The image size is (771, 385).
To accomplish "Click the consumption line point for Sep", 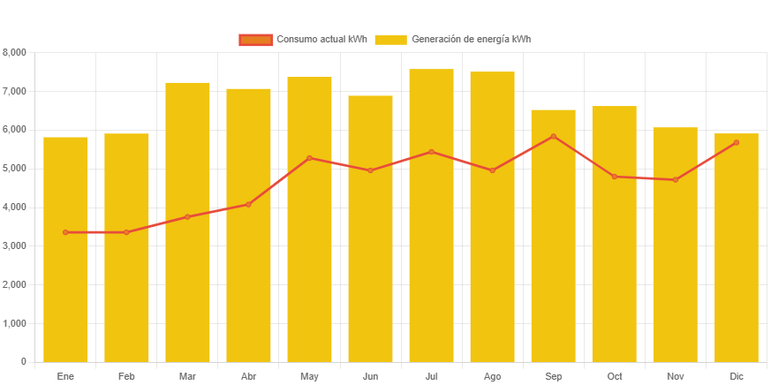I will click(x=554, y=136).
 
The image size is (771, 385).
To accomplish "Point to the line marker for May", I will click(x=309, y=158).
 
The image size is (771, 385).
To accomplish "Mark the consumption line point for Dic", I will click(x=736, y=142).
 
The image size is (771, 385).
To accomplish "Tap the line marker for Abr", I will click(x=248, y=204).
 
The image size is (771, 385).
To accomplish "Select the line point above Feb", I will click(x=126, y=232).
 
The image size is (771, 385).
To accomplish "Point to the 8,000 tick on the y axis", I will click(x=15, y=52).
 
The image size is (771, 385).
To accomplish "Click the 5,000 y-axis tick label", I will click(x=15, y=168).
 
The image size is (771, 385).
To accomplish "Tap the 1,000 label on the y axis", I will click(x=15, y=323).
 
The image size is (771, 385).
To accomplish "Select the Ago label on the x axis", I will click(x=492, y=376).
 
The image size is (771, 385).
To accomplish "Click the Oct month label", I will click(x=614, y=376).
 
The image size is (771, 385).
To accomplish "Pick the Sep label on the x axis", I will click(x=554, y=376).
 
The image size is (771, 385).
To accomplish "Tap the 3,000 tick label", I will click(x=15, y=245).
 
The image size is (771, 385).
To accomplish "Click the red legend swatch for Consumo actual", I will click(x=255, y=40).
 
